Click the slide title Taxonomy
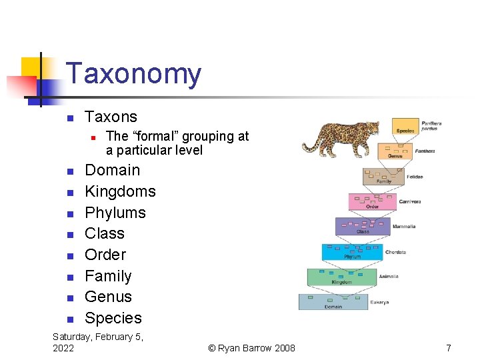point(133,74)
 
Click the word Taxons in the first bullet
point(111,117)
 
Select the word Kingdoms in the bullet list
point(120,191)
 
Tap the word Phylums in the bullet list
point(115,213)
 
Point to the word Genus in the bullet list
point(108,297)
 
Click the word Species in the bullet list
point(113,318)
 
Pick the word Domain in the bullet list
point(112,170)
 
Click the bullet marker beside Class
point(69,235)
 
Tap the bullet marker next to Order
point(69,256)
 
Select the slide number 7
point(449,348)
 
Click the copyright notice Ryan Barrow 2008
point(251,348)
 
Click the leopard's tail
point(309,147)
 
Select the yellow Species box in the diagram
point(405,126)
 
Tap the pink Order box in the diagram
point(373,201)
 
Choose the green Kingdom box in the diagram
point(341,277)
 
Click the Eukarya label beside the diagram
point(379,302)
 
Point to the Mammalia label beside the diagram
point(404,227)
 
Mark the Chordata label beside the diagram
point(395,252)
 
